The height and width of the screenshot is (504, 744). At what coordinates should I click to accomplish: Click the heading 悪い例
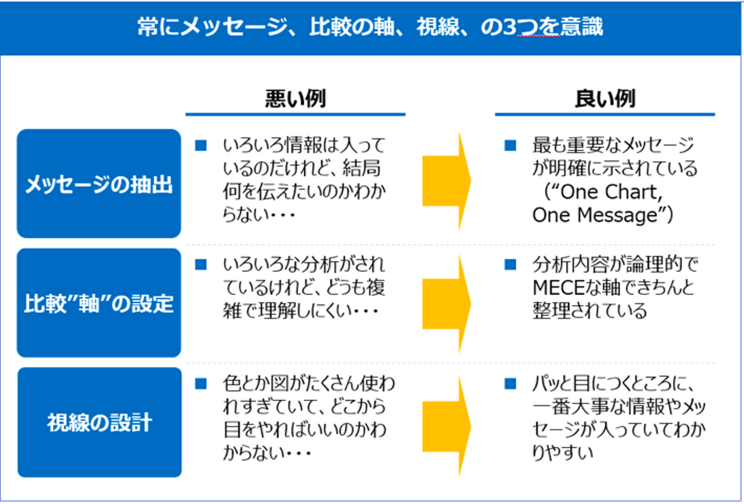(296, 98)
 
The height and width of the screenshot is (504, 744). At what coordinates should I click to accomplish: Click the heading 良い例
(605, 98)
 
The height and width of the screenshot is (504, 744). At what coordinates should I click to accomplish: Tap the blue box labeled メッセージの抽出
(99, 184)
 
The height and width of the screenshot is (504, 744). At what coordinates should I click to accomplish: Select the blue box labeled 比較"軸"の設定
(99, 303)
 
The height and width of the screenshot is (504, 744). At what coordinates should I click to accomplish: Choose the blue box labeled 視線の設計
(100, 422)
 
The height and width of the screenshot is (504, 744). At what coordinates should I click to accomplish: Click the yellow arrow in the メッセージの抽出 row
(447, 181)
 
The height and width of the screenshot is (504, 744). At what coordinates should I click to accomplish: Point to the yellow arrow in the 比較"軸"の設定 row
(447, 303)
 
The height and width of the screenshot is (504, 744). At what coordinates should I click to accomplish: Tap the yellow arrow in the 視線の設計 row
(447, 426)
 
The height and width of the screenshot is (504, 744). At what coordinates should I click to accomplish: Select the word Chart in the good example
(634, 192)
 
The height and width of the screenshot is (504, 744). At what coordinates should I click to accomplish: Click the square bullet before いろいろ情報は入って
(201, 146)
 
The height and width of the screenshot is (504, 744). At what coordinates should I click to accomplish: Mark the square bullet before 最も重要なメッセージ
(510, 146)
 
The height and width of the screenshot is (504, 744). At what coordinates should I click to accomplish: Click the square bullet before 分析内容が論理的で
(510, 265)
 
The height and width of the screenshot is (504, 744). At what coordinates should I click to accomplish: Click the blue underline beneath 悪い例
(296, 115)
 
